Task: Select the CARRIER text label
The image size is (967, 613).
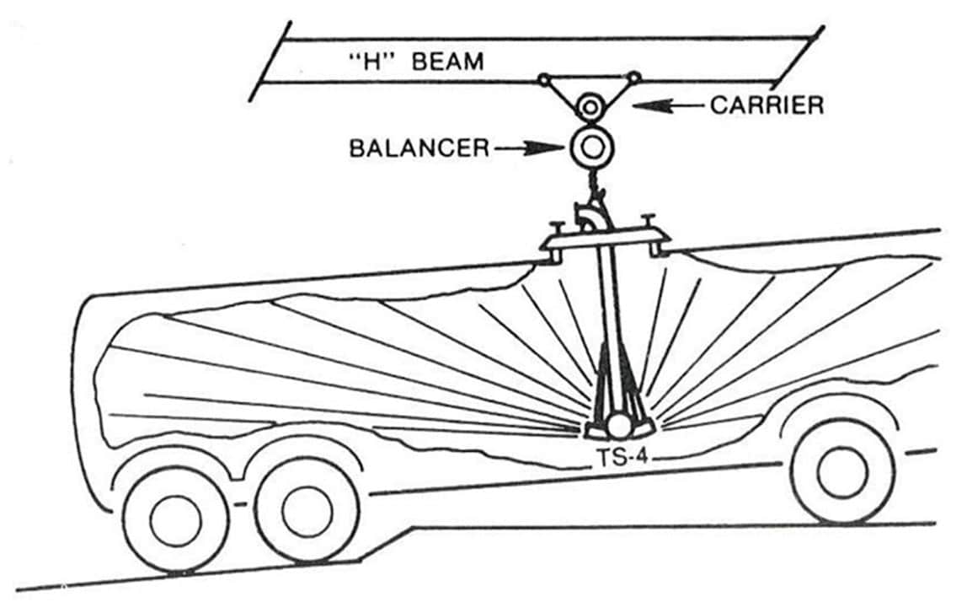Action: click(x=767, y=106)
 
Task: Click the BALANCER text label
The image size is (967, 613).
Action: click(x=419, y=148)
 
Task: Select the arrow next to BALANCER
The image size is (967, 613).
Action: click(x=528, y=148)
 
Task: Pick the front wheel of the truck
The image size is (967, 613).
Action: click(x=842, y=472)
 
